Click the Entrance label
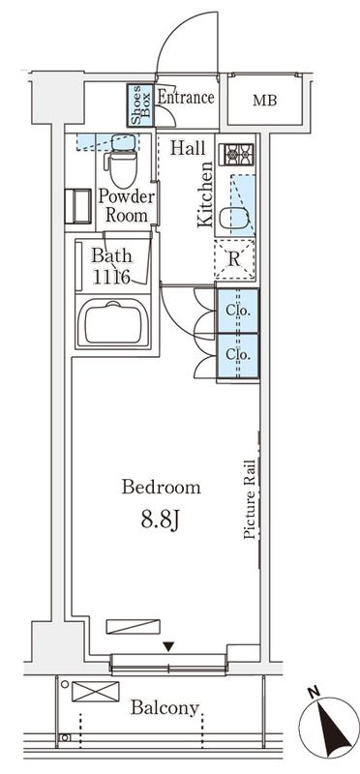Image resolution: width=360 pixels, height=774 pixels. [185, 98]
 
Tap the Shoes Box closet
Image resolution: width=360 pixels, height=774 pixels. [141, 104]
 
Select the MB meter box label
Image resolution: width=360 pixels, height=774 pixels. [263, 101]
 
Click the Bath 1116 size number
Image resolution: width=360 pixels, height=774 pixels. [111, 276]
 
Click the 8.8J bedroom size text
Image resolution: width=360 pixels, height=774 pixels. [161, 521]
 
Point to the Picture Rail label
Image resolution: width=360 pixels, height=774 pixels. [249, 498]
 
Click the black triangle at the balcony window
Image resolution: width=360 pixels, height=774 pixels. [168, 646]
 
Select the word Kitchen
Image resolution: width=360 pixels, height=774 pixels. [205, 194]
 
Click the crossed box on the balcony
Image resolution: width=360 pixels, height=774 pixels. [95, 692]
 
